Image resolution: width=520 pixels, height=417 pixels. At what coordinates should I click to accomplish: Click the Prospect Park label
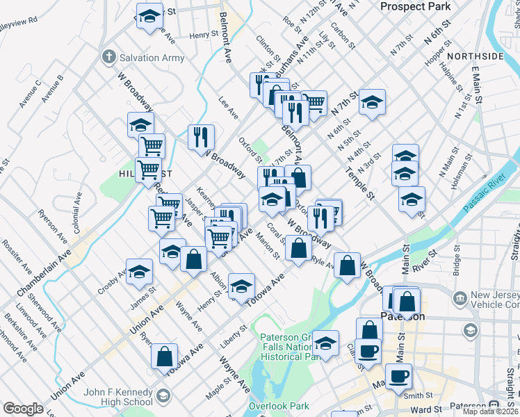tap(416, 6)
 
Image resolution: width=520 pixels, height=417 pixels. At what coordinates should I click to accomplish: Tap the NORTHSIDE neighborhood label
tap(476, 56)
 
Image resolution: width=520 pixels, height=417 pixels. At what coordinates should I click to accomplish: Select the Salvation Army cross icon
tap(108, 57)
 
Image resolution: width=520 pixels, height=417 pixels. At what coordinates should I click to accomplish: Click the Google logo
tap(23, 409)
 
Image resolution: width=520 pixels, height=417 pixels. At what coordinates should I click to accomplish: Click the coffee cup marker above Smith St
tap(398, 376)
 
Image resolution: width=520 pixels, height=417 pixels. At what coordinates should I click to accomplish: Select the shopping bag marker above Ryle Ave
tap(298, 247)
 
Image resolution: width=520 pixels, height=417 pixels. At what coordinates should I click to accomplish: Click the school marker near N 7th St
tap(372, 102)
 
